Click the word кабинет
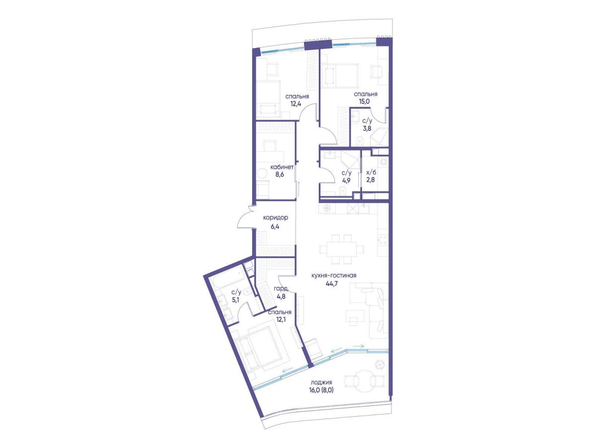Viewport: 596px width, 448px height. tap(282, 167)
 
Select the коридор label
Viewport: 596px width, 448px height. tap(275, 218)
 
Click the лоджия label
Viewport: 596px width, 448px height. tap(322, 382)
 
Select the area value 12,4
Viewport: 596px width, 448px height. tap(295, 104)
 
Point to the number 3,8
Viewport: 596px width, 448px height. tap(367, 128)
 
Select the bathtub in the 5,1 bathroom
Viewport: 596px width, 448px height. tap(227, 281)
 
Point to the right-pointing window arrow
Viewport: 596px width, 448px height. tap(358, 346)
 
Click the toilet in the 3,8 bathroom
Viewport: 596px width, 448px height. tap(359, 141)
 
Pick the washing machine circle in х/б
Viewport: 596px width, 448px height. tap(383, 162)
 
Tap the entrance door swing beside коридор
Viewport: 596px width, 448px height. tap(246, 217)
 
